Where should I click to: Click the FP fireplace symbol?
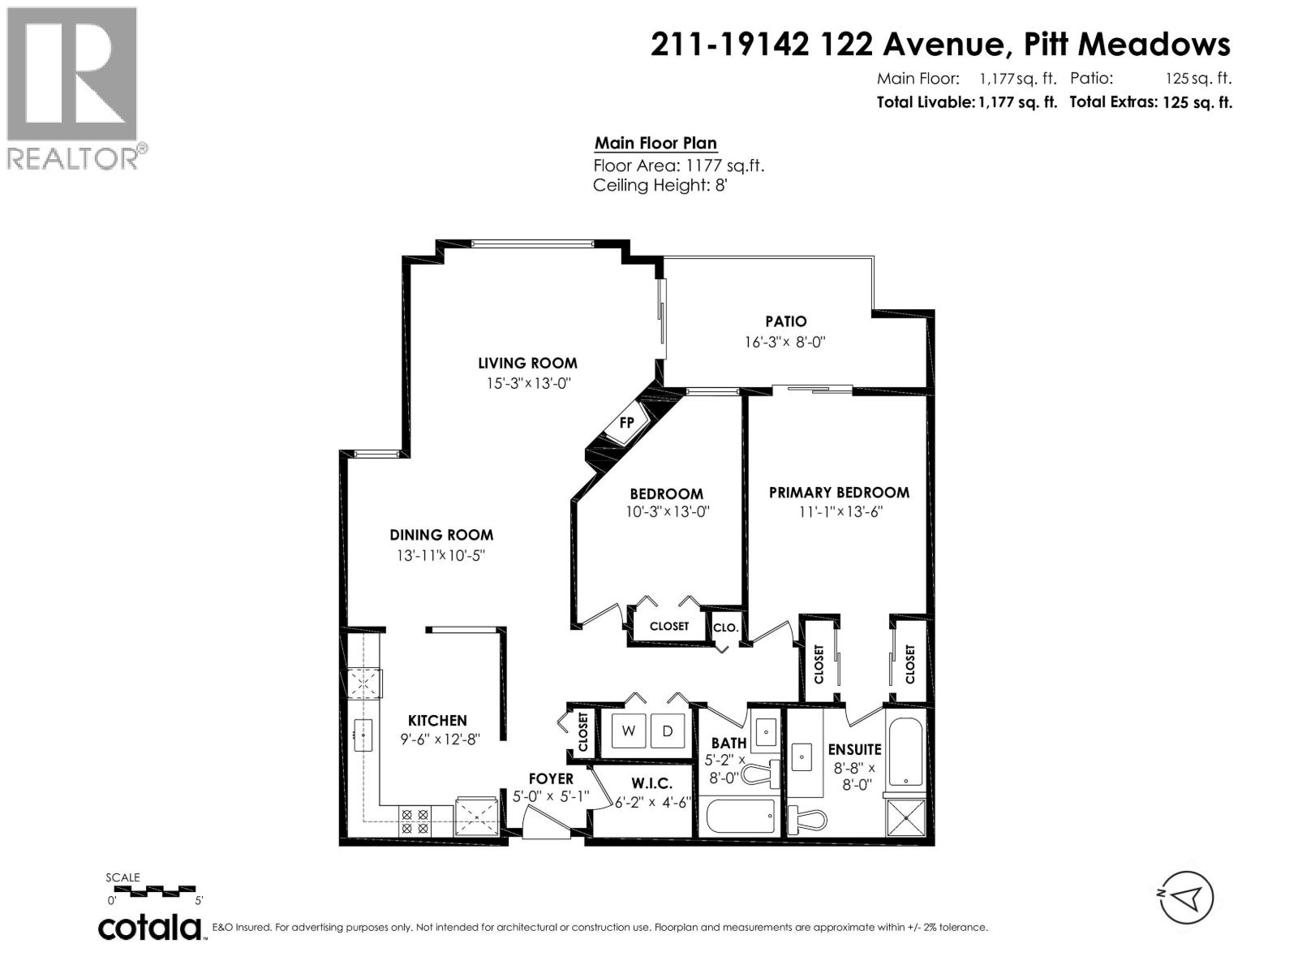click(x=625, y=423)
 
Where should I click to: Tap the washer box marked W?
click(x=629, y=730)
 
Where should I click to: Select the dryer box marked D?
click(x=667, y=730)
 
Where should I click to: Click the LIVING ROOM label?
click(x=527, y=363)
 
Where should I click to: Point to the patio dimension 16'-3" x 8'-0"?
click(x=784, y=342)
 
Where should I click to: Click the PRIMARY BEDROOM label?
click(x=839, y=492)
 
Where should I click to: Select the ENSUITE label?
click(x=854, y=749)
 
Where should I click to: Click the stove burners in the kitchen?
click(x=414, y=821)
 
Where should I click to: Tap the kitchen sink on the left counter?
click(x=363, y=735)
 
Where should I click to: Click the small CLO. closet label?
click(x=725, y=627)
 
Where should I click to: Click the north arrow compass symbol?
click(x=1187, y=897)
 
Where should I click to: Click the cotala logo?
click(x=151, y=927)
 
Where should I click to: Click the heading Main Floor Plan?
click(x=655, y=144)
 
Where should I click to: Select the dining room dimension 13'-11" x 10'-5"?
click(x=441, y=556)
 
